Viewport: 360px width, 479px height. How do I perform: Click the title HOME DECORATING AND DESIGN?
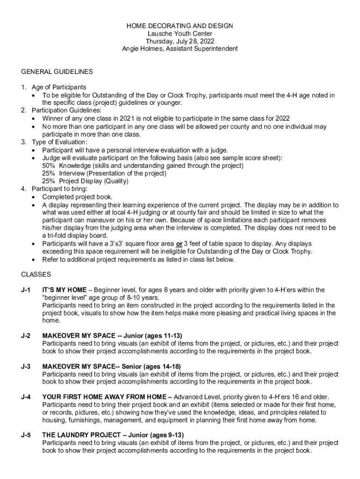pyautogui.click(x=180, y=26)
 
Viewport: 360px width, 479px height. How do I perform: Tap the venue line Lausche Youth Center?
pyautogui.click(x=180, y=33)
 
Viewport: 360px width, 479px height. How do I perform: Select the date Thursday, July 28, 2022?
pyautogui.click(x=180, y=41)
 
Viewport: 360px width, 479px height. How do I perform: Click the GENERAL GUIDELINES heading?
pyautogui.click(x=57, y=72)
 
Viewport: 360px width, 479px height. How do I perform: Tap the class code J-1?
pyautogui.click(x=26, y=290)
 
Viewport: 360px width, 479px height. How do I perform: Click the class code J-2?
pyautogui.click(x=26, y=336)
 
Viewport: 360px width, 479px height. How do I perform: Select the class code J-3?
pyautogui.click(x=26, y=366)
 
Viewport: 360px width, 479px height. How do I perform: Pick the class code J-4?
pyautogui.click(x=26, y=397)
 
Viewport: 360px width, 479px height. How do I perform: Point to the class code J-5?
pyautogui.click(x=26, y=435)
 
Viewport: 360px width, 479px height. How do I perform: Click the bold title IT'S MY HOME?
pyautogui.click(x=65, y=290)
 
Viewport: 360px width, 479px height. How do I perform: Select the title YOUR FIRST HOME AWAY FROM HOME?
pyautogui.click(x=104, y=397)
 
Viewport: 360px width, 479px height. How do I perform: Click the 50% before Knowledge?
pyautogui.click(x=49, y=166)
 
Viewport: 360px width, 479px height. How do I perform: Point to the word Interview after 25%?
pyautogui.click(x=72, y=173)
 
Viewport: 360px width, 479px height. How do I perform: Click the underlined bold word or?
pyautogui.click(x=179, y=244)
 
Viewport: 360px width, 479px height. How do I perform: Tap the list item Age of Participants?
pyautogui.click(x=59, y=87)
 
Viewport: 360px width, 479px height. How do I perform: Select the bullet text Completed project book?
pyautogui.click(x=77, y=197)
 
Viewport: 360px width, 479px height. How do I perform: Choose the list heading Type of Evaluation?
pyautogui.click(x=59, y=142)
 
